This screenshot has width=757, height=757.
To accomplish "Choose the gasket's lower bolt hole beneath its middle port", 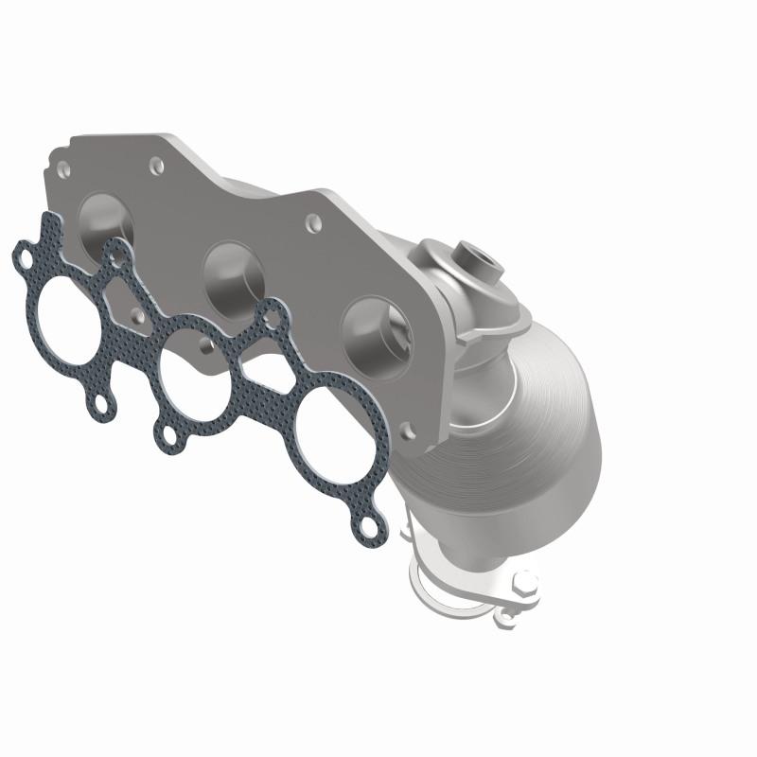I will [x=167, y=436].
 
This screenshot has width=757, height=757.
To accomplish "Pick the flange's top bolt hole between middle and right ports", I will [x=311, y=225].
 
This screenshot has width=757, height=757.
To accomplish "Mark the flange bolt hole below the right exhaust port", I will [x=407, y=431].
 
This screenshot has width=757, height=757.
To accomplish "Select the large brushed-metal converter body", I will [x=530, y=426].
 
